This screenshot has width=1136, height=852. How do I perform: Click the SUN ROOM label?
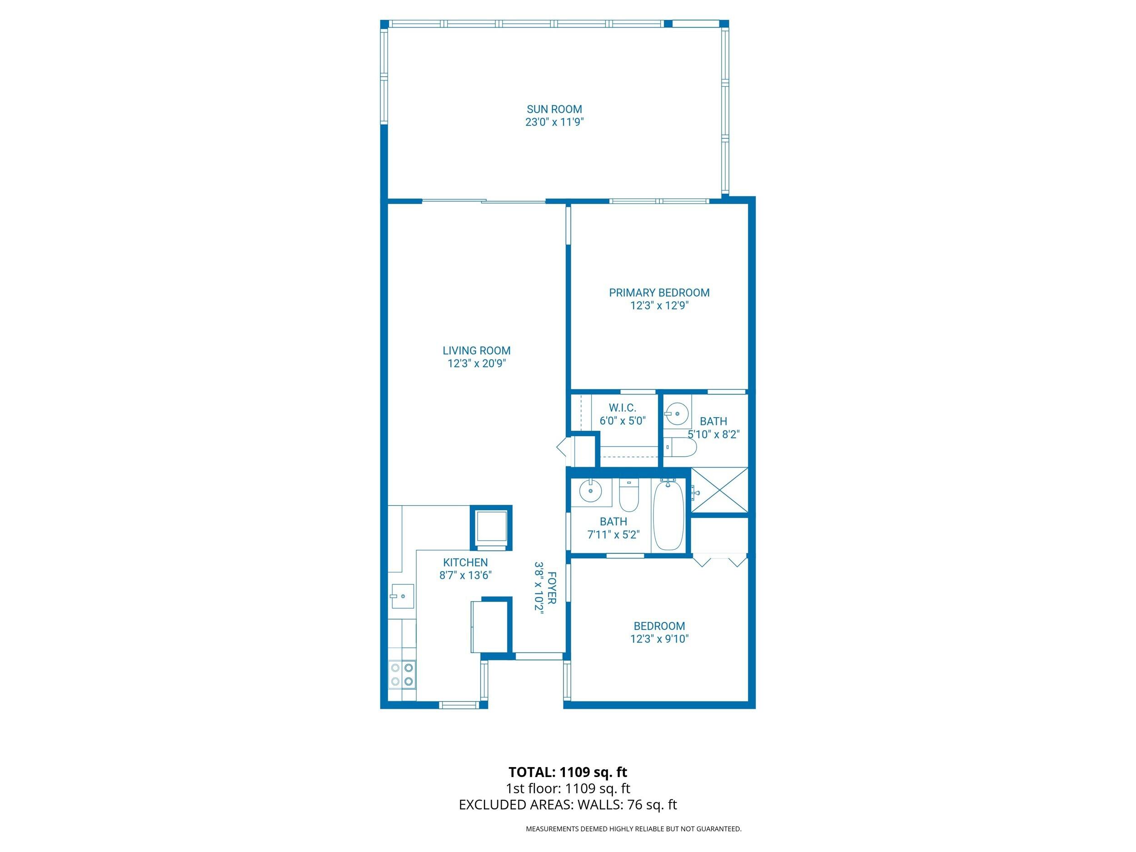coord(554,109)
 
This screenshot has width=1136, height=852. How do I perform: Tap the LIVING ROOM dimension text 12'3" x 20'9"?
coord(477,364)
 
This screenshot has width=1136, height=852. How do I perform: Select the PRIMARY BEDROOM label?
coord(659,293)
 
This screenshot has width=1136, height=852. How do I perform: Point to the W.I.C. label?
coord(623,408)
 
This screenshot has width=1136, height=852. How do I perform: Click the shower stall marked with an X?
coord(719,490)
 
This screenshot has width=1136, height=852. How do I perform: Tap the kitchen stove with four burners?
coord(402,675)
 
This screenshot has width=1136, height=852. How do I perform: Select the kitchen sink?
coord(402,596)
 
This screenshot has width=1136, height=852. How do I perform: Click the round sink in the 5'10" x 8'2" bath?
coord(678,413)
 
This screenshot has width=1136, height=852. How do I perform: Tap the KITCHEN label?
coord(465,563)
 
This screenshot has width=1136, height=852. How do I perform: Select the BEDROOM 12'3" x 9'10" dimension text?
coord(659,639)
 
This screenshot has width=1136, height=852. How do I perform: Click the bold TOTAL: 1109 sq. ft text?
coord(568,772)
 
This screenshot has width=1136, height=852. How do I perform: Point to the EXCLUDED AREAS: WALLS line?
coord(568,805)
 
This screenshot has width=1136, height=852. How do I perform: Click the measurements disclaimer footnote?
coord(633,829)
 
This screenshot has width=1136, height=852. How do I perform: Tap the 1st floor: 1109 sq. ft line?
coord(568,788)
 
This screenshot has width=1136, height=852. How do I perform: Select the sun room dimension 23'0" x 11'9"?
coord(554,122)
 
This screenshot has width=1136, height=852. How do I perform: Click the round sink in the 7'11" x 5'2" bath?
coord(590,491)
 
